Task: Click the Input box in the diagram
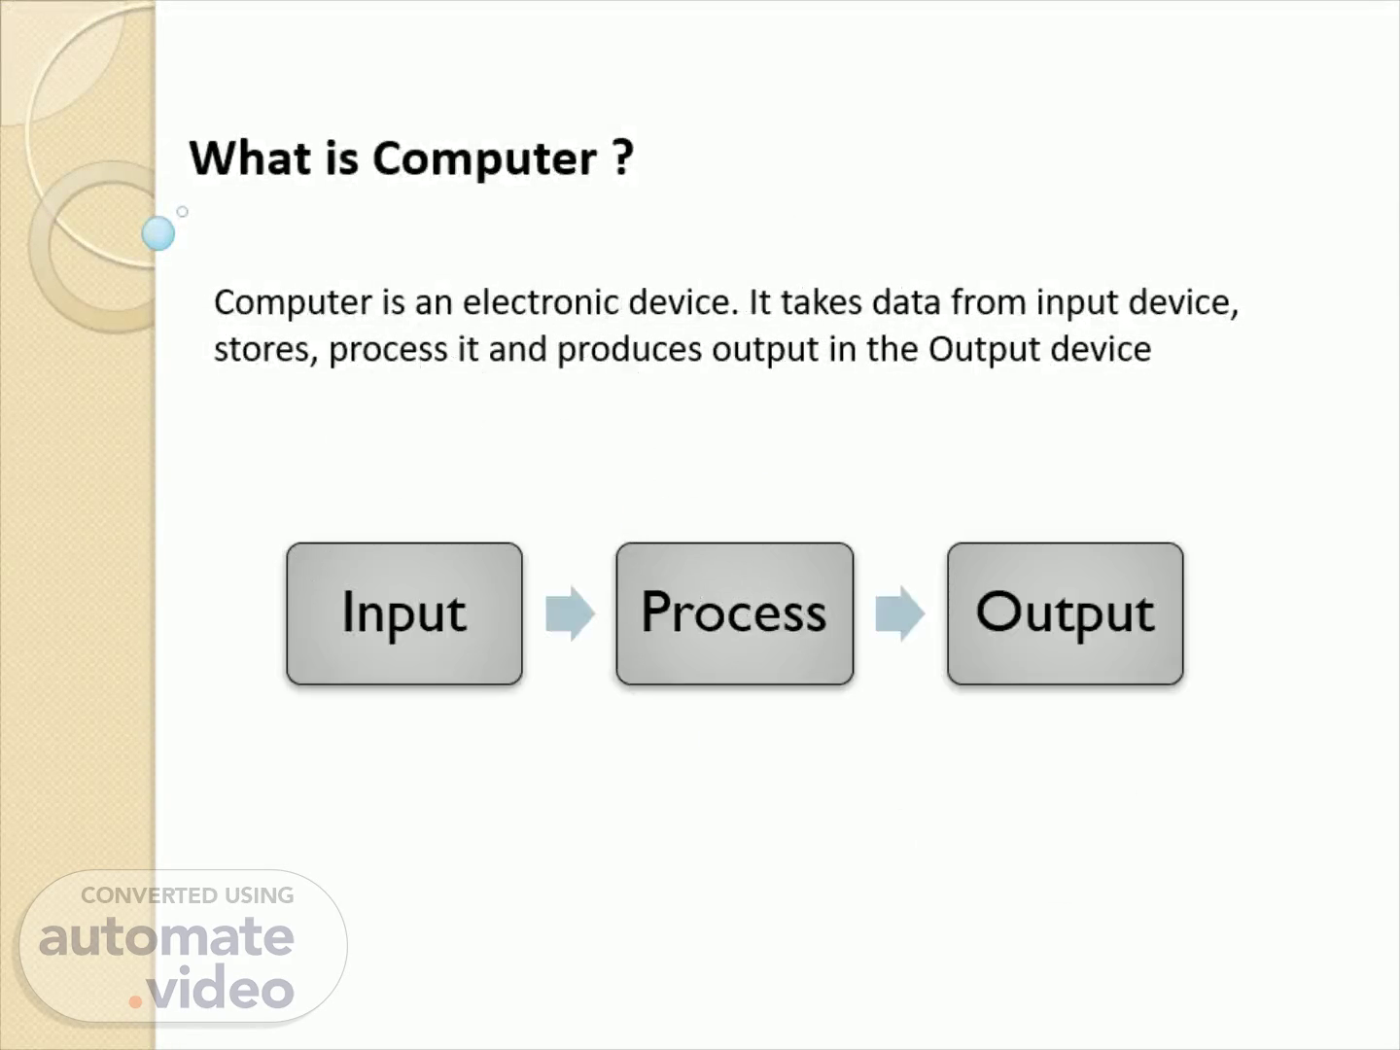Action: [404, 613]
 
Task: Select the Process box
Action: [735, 613]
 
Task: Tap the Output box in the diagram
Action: [1066, 613]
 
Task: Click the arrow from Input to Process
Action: [570, 613]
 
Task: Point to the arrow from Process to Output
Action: [900, 613]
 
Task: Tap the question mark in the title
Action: [622, 157]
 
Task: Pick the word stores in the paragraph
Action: [262, 349]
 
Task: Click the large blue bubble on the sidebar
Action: [158, 233]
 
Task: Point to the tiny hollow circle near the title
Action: [183, 212]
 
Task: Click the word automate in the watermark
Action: [166, 937]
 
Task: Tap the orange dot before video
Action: [135, 1002]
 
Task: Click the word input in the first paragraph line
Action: [1077, 303]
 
